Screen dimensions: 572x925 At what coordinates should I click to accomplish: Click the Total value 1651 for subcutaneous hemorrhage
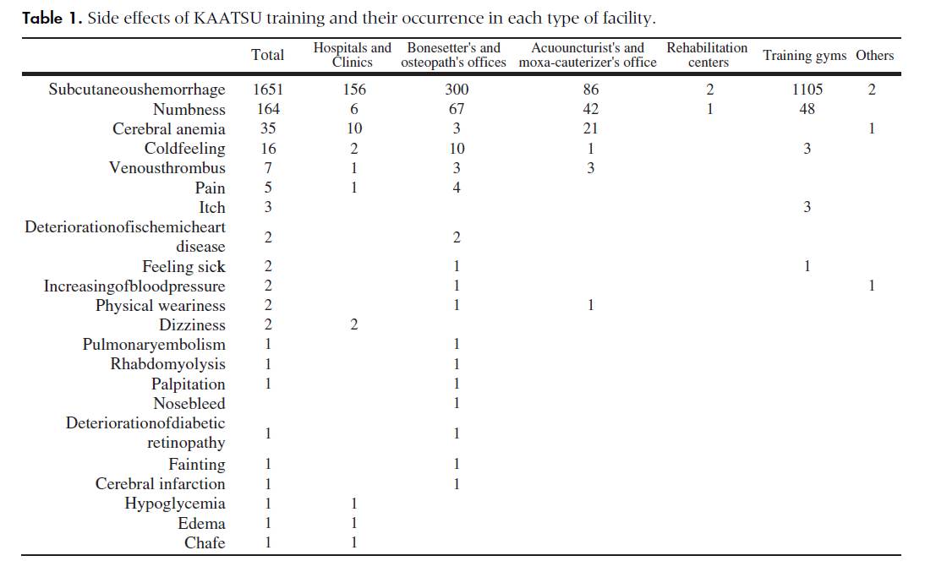[268, 90]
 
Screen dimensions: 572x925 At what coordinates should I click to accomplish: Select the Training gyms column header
[804, 56]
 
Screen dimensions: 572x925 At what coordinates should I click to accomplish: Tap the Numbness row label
[189, 109]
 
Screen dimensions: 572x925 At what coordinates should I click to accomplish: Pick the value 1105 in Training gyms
[807, 90]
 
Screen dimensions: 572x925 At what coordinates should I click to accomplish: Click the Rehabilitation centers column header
[707, 55]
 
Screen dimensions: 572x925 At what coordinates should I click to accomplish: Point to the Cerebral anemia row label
[169, 128]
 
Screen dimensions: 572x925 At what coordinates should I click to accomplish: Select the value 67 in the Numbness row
[457, 109]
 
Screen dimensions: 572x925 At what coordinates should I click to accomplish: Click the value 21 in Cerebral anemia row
[590, 128]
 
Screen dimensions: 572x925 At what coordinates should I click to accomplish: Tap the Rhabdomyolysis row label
[167, 364]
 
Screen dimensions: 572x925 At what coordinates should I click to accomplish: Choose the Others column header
[874, 56]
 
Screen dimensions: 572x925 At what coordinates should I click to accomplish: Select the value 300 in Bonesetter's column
[457, 90]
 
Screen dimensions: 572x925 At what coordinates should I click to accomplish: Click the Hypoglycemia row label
[175, 504]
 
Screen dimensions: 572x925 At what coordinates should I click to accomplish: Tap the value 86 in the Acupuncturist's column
[590, 90]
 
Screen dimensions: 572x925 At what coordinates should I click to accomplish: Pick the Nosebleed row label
[189, 403]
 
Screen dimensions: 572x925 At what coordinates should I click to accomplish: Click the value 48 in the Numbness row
[807, 109]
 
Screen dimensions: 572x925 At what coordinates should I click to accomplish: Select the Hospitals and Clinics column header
[353, 55]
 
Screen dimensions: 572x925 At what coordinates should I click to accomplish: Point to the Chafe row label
[205, 542]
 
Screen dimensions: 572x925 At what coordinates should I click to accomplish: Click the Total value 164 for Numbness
[268, 109]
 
